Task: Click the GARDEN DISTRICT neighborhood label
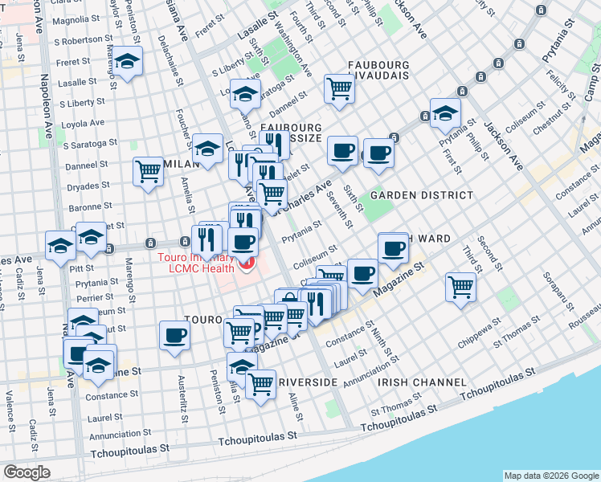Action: pos(421,195)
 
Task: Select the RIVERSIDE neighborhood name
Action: pos(305,382)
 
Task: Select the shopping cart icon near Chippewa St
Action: pos(461,286)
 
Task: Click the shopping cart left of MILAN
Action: pos(148,170)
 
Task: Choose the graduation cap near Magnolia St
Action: pos(127,61)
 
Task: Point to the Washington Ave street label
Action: pos(293,47)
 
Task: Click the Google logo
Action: pos(27,472)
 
